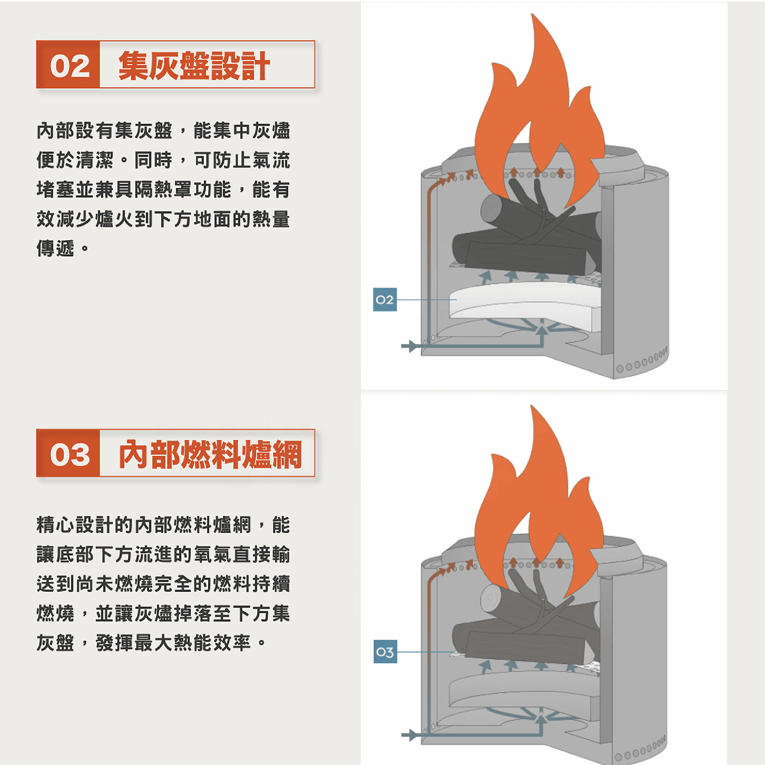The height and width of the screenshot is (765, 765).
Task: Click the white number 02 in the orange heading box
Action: coord(70,66)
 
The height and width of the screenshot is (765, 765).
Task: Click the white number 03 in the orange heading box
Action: coord(70,454)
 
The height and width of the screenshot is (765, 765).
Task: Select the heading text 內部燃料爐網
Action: coord(210,454)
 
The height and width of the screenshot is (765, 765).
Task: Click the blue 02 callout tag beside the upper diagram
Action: coord(384,300)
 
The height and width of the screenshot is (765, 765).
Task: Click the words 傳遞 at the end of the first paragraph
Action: coord(55,249)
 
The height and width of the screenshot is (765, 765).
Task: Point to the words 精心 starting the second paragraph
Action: coord(55,525)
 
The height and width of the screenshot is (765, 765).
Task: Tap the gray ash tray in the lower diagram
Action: coord(523,691)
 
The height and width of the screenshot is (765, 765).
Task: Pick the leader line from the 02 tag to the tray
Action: coord(426,300)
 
